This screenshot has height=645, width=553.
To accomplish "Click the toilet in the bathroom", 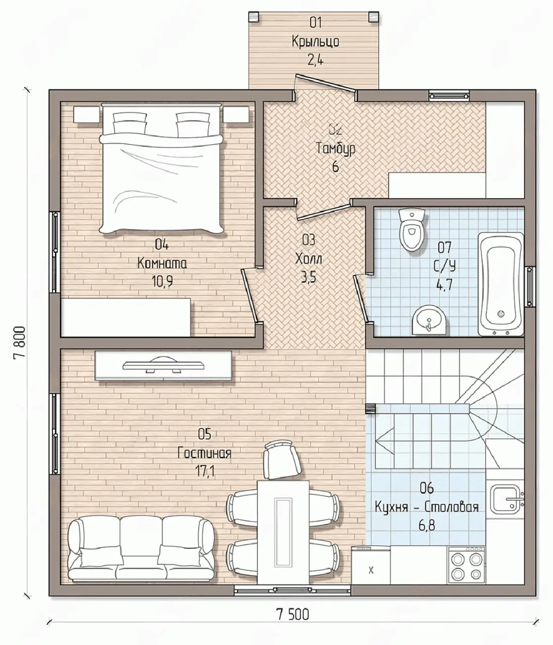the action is tap(412, 229).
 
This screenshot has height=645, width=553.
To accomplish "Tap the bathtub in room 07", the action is tap(501, 284).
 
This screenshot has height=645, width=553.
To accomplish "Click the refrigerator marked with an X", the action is tap(371, 565).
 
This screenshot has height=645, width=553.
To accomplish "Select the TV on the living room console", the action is tap(164, 364).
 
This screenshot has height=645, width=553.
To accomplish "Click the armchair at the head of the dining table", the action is tap(283, 460).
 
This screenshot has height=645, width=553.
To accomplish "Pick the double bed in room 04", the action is tap(161, 169).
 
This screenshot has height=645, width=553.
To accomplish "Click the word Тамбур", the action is tap(336, 149).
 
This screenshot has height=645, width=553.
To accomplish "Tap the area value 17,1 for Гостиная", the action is tap(205, 471).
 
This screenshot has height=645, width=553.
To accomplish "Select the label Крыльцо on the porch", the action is tap(316, 42).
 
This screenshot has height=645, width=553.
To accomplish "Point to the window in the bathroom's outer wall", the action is tap(530, 286).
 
